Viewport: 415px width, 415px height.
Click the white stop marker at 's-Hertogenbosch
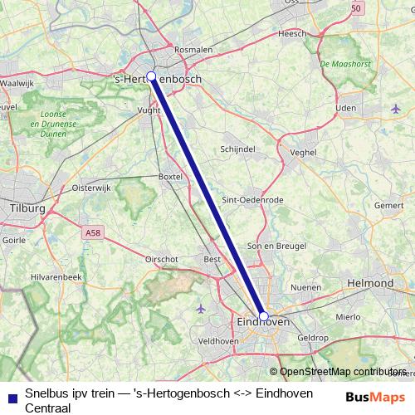pyautogui.click(x=151, y=76)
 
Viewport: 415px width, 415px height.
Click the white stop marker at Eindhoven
pyautogui.click(x=263, y=317)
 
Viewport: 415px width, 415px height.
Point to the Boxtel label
pyautogui.click(x=169, y=177)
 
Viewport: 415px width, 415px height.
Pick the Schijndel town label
pyautogui.click(x=237, y=149)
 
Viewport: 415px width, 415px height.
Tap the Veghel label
pyautogui.click(x=304, y=153)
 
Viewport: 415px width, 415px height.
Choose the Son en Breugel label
pyautogui.click(x=278, y=247)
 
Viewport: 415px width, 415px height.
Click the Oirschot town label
pyautogui.click(x=162, y=259)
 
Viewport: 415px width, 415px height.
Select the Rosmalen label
pyautogui.click(x=193, y=50)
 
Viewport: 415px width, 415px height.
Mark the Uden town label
pyautogui.click(x=346, y=108)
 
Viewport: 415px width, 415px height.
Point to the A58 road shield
pyautogui.click(x=93, y=234)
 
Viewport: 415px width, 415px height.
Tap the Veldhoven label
pyautogui.click(x=219, y=341)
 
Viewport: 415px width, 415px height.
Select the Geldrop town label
pyautogui.click(x=313, y=338)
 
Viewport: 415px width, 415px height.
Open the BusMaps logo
pyautogui.click(x=375, y=397)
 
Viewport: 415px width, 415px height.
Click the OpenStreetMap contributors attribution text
pyautogui.click(x=342, y=372)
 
